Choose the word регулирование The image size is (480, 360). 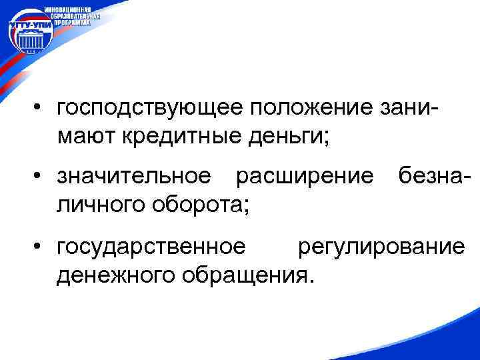point(381,246)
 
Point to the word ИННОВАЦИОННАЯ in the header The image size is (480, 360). point(73,8)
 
